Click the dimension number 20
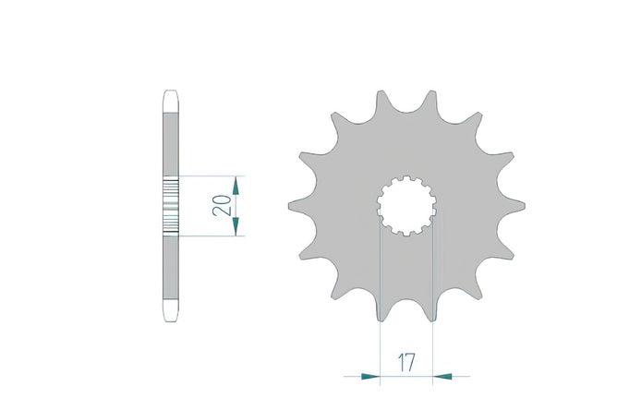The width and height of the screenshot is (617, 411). pos(222,205)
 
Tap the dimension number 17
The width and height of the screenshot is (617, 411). pos(406,363)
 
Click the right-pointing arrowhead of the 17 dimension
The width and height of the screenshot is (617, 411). pos(370,377)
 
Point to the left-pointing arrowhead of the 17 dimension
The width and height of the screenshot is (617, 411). pos(442,377)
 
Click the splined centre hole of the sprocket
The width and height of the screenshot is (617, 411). pos(406,206)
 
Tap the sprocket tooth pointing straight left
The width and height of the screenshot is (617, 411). pos(303,206)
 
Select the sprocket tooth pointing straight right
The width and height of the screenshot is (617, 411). pos(511,206)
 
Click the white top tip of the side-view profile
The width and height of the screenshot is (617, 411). pos(171,102)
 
